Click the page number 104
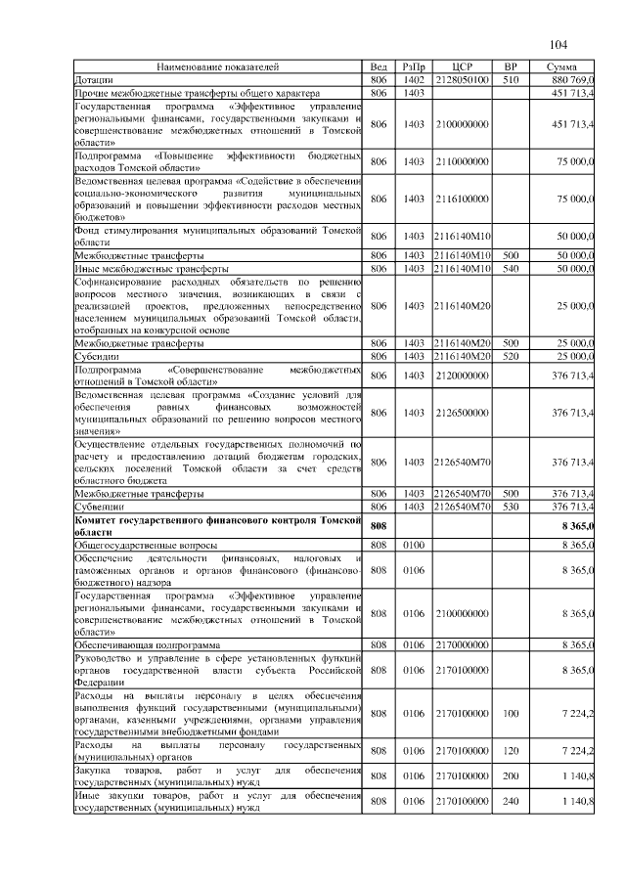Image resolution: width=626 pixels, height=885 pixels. click(x=559, y=45)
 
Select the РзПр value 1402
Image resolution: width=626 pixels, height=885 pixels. click(x=413, y=79)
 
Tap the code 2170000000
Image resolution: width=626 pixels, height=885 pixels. click(x=462, y=645)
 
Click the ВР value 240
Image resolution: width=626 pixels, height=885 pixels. click(x=509, y=801)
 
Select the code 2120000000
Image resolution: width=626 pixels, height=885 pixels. click(x=462, y=376)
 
